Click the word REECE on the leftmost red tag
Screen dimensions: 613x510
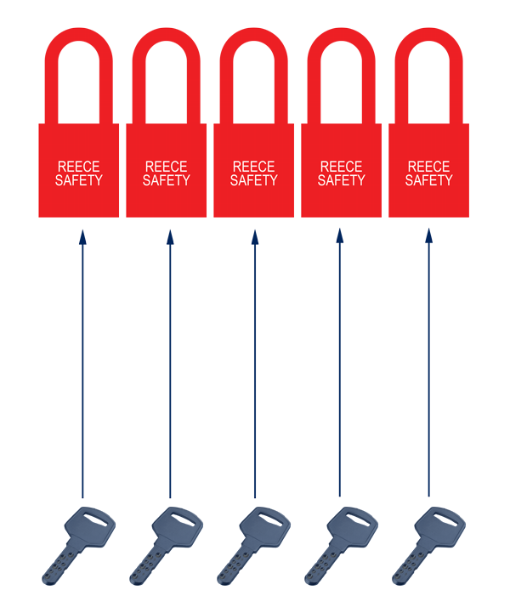coord(78,167)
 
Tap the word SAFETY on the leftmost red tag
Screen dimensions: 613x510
coord(78,180)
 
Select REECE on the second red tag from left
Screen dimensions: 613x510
coord(166,167)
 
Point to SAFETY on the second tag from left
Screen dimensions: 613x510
coord(166,180)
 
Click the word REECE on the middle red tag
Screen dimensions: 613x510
coord(253,167)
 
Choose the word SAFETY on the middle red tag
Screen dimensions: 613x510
coord(253,180)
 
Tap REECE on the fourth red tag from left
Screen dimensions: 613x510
coord(341,167)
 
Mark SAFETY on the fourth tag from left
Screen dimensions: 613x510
coord(341,180)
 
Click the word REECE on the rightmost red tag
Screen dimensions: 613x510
coord(428,167)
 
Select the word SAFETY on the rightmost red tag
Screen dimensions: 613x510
coord(428,180)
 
